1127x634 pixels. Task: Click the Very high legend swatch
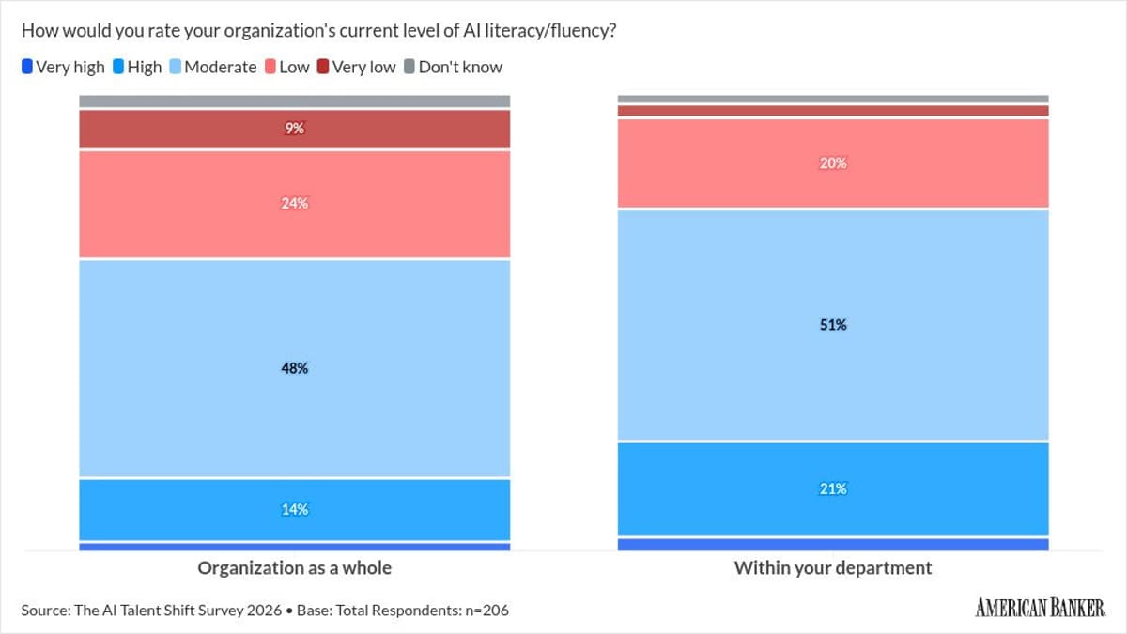pyautogui.click(x=27, y=67)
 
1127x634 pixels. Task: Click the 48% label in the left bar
pyautogui.click(x=295, y=368)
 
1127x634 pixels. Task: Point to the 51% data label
pyautogui.click(x=833, y=325)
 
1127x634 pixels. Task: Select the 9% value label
pyautogui.click(x=295, y=129)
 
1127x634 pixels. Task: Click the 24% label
pyautogui.click(x=295, y=203)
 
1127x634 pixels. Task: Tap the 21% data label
pyautogui.click(x=833, y=488)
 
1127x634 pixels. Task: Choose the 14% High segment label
pyautogui.click(x=295, y=509)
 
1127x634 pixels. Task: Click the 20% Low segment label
pyautogui.click(x=833, y=162)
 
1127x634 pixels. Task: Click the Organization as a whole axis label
pyautogui.click(x=294, y=568)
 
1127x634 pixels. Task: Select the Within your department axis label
pyautogui.click(x=833, y=568)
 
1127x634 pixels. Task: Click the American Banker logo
pyautogui.click(x=1040, y=609)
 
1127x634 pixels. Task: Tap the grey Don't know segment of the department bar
pyautogui.click(x=833, y=99)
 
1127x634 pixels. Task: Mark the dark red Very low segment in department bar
pyautogui.click(x=833, y=111)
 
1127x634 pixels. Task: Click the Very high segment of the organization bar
pyautogui.click(x=295, y=547)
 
